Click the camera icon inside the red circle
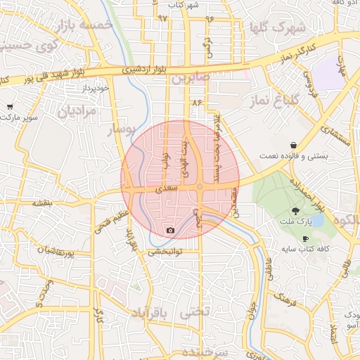(170, 230)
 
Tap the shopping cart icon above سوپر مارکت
(10, 107)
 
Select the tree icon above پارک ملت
(295, 211)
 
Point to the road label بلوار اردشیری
(141, 70)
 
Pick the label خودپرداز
(93, 89)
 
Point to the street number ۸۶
(196, 103)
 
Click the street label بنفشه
(41, 203)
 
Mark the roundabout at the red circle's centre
(200, 187)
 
